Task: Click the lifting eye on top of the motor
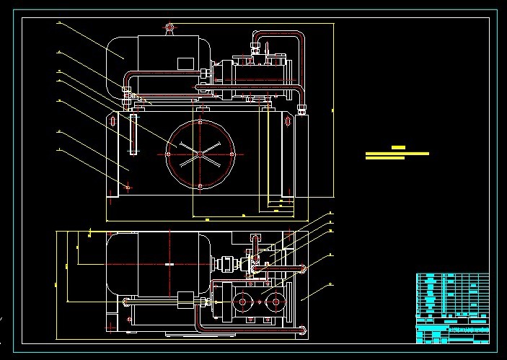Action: click(169, 28)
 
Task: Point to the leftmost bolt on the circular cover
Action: click(168, 153)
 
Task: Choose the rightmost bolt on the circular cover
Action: click(231, 153)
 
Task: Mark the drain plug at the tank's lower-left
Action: click(128, 188)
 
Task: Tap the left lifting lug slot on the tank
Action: click(114, 120)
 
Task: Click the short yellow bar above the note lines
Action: click(397, 148)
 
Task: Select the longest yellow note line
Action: click(397, 153)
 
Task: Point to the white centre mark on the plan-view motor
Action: click(169, 265)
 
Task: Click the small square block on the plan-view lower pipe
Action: click(185, 298)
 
